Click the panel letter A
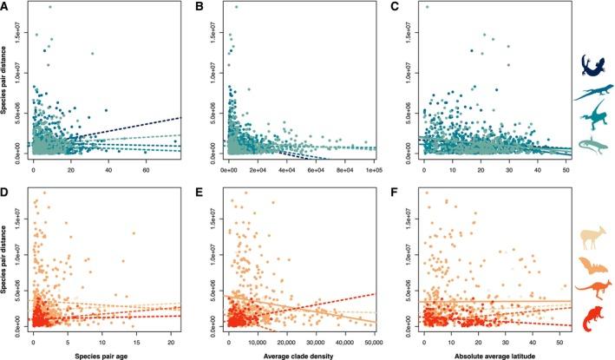(6, 6)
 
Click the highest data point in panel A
(50, 7)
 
